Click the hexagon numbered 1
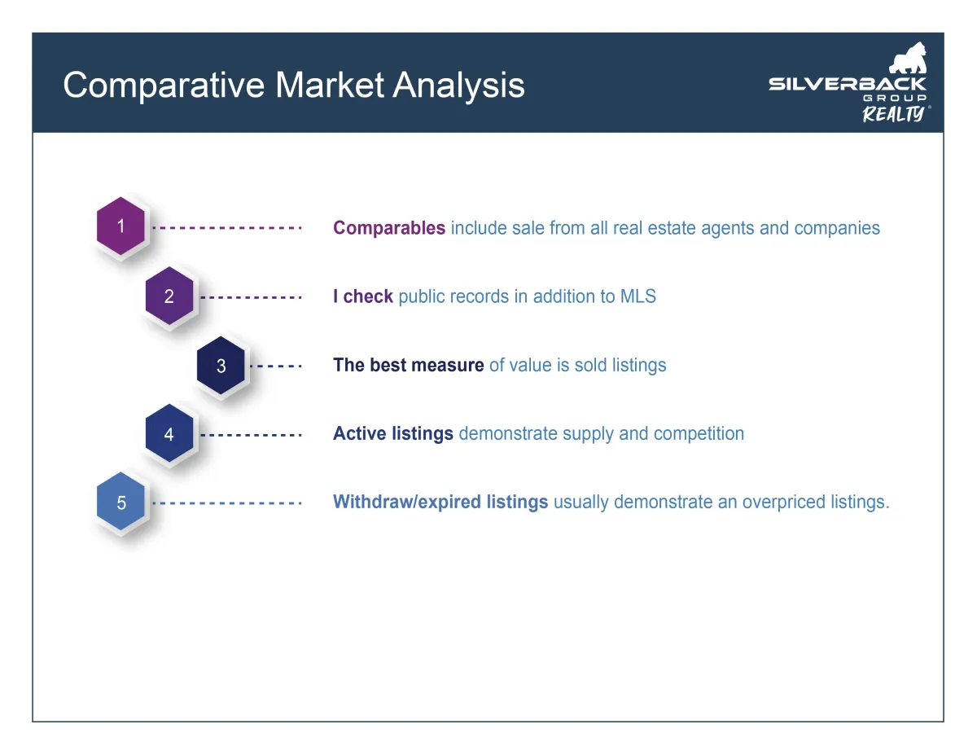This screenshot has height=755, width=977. (x=120, y=226)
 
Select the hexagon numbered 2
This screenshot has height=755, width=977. (x=169, y=296)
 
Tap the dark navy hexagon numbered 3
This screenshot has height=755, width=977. (x=221, y=365)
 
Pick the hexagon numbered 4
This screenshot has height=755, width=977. (x=169, y=433)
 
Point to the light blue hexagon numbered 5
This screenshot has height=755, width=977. (x=120, y=502)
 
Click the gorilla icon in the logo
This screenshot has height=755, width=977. (x=909, y=58)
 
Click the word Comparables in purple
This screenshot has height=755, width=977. (x=389, y=228)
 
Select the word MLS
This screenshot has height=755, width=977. (x=638, y=296)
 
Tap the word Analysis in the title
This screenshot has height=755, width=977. (x=458, y=86)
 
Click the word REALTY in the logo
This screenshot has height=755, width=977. (x=893, y=114)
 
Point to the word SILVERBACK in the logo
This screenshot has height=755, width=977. (x=848, y=84)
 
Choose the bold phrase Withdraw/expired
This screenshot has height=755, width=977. (x=407, y=502)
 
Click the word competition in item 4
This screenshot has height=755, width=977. (x=699, y=434)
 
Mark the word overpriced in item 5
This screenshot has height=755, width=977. (x=784, y=503)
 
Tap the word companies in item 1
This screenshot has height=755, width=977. (x=837, y=229)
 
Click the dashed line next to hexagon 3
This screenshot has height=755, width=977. (x=276, y=366)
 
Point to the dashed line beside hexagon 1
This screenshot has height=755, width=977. (x=227, y=228)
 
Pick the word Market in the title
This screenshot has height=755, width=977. (x=330, y=85)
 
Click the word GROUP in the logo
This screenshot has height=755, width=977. (x=895, y=98)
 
